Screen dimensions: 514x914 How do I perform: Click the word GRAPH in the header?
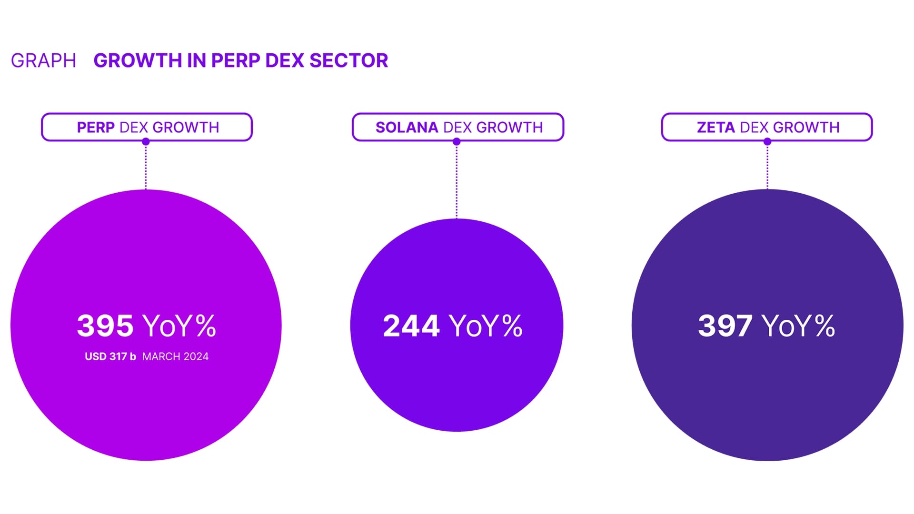(x=43, y=61)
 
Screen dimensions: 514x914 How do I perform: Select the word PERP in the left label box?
(x=96, y=128)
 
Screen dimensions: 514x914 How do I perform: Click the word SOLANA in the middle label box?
(x=407, y=128)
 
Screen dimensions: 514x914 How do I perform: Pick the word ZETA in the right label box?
(x=716, y=128)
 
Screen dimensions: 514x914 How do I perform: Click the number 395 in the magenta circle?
(x=105, y=326)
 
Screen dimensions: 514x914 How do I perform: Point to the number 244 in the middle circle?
(x=411, y=326)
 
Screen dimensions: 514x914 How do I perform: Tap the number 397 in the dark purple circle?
(x=725, y=326)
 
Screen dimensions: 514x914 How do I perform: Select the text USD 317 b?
(x=110, y=356)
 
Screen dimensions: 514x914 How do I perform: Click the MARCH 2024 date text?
(x=175, y=356)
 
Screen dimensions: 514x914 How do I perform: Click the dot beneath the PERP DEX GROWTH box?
(x=146, y=141)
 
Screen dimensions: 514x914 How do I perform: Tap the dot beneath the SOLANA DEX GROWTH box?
(x=457, y=141)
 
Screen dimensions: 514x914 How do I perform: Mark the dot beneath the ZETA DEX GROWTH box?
(x=767, y=141)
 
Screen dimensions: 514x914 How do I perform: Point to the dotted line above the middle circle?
(x=457, y=181)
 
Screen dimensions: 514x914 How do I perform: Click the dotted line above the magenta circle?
(x=146, y=167)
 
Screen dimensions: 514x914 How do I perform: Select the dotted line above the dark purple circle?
(x=767, y=167)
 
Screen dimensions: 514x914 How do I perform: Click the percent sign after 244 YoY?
(x=512, y=326)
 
